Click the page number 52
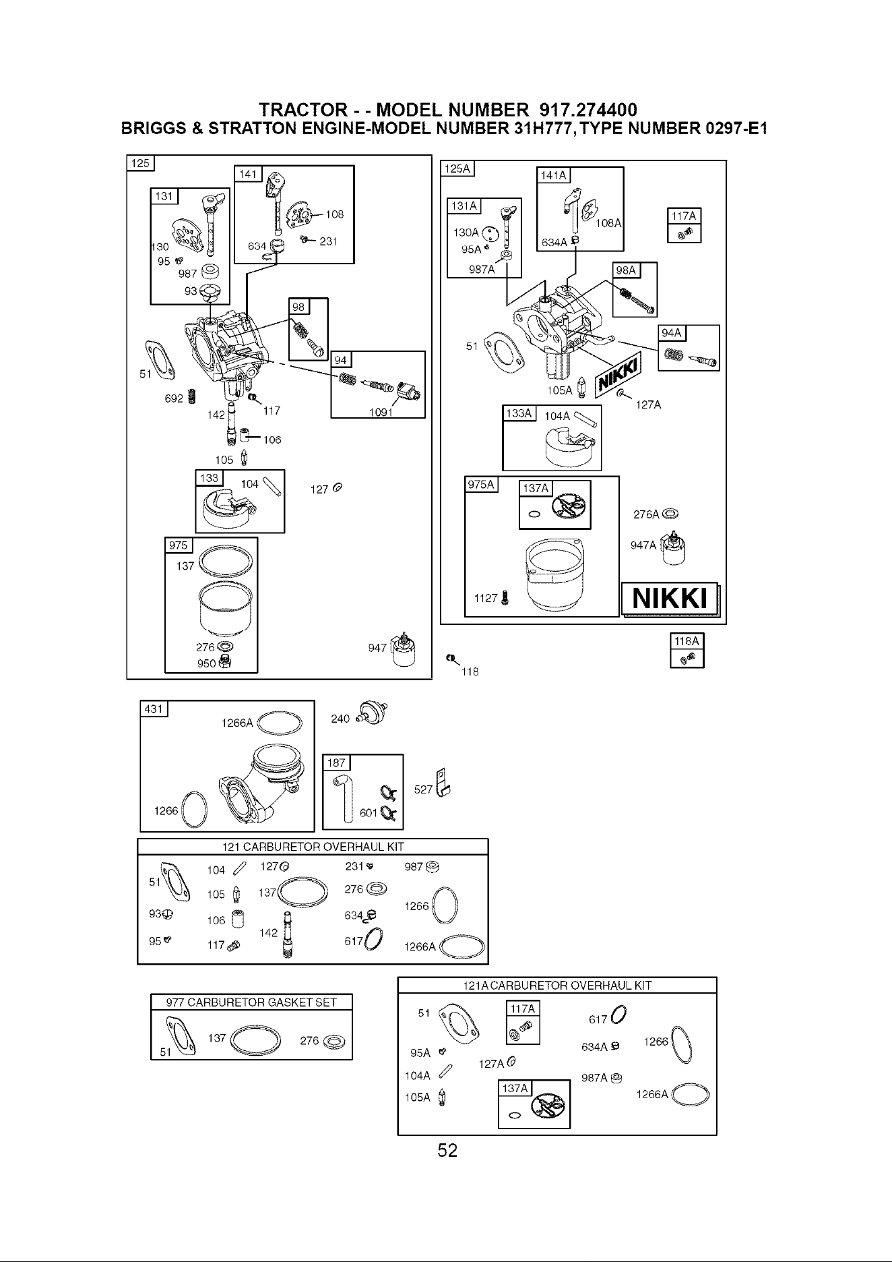pyautogui.click(x=447, y=1150)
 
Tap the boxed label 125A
pyautogui.click(x=457, y=169)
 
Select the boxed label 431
pyautogui.click(x=154, y=709)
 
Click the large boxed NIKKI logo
pyautogui.click(x=670, y=599)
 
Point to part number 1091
pyautogui.click(x=381, y=413)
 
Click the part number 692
pyautogui.click(x=174, y=398)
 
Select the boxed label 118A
pyautogui.click(x=687, y=642)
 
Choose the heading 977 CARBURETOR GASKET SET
pyautogui.click(x=251, y=1002)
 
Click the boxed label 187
pyautogui.click(x=336, y=762)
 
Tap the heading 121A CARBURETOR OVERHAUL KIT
pyautogui.click(x=558, y=985)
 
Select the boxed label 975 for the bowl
pyautogui.click(x=179, y=545)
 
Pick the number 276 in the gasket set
pyautogui.click(x=309, y=1040)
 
